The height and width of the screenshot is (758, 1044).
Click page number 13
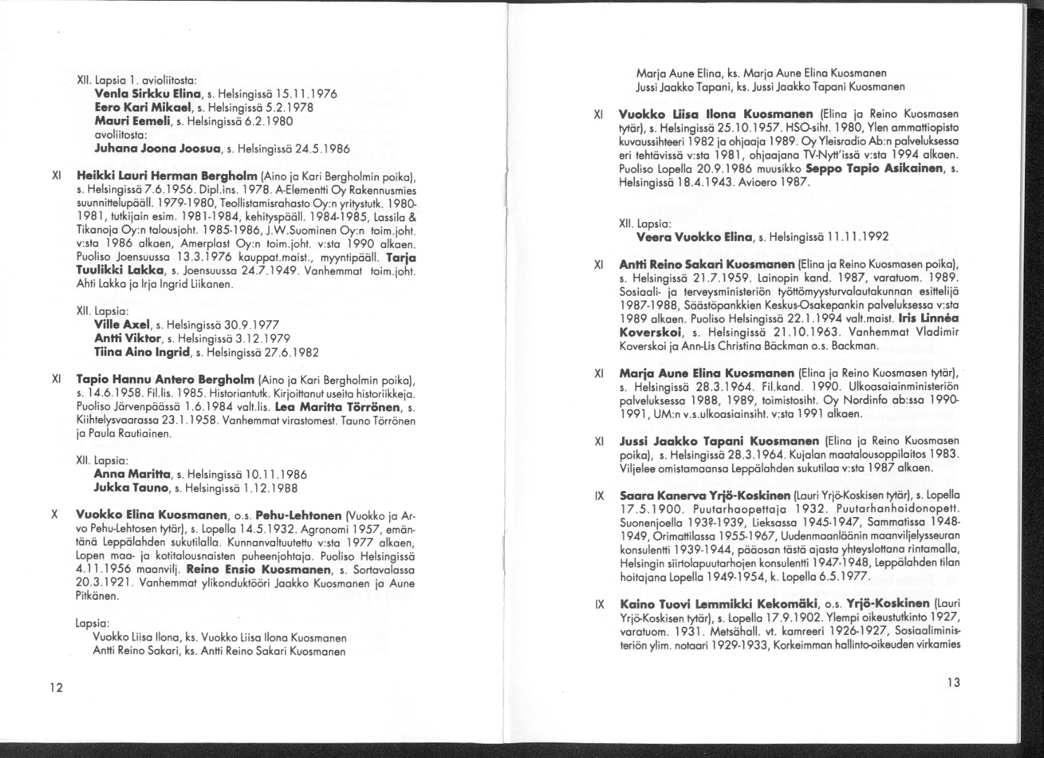[953, 682]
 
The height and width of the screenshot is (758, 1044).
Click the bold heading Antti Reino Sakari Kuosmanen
[707, 265]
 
